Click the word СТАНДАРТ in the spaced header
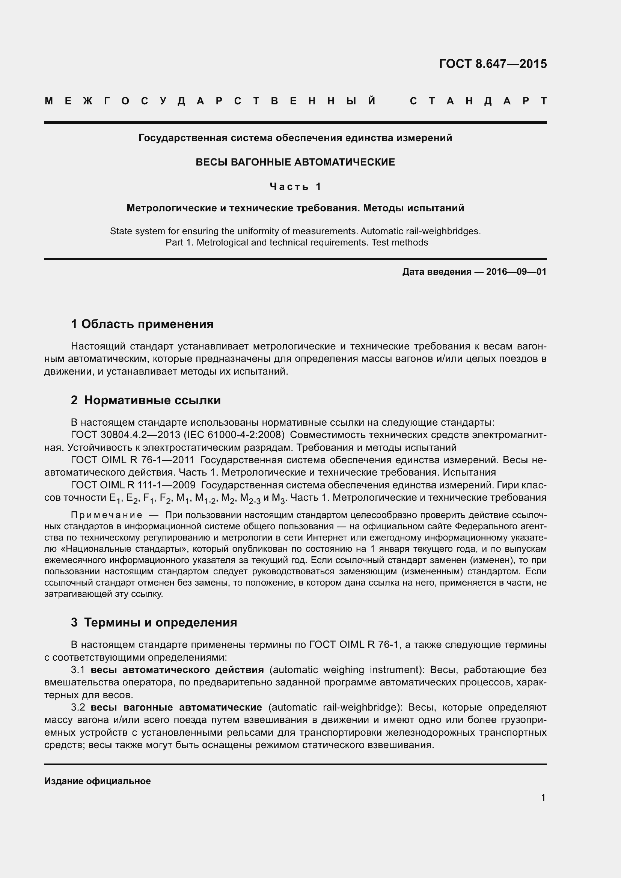[478, 101]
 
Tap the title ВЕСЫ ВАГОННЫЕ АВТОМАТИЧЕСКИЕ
[295, 162]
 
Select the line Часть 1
[295, 187]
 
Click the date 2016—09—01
[516, 272]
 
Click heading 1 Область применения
[142, 324]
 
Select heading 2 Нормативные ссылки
[146, 401]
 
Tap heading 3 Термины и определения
[154, 622]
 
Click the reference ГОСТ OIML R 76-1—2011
[133, 461]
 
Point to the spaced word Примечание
[107, 515]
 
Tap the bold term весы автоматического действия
[177, 670]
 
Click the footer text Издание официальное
[98, 781]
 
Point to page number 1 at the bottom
[543, 798]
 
